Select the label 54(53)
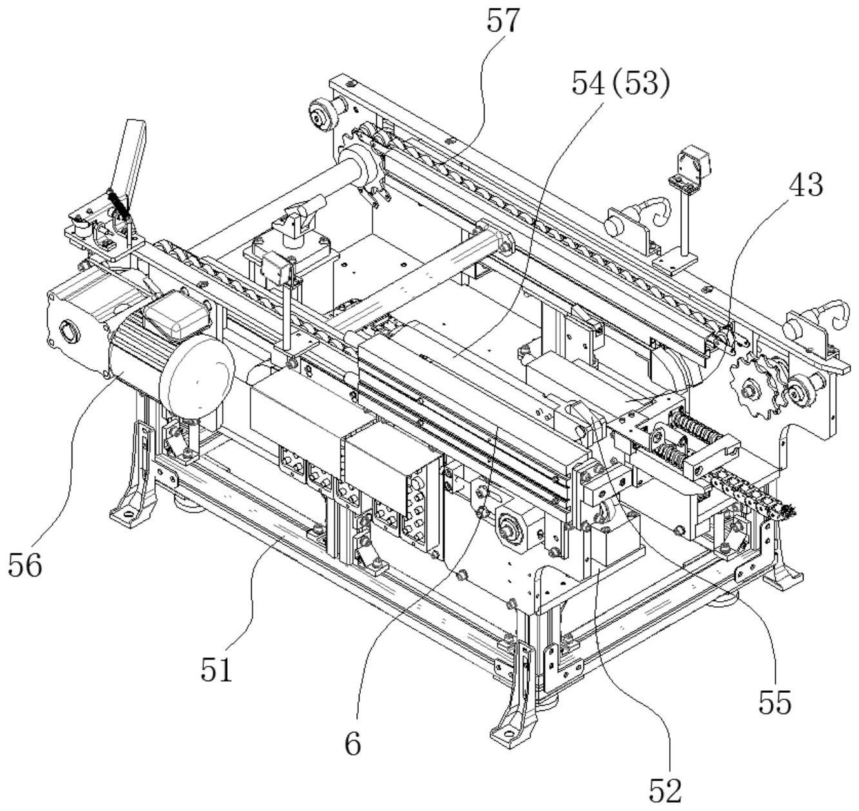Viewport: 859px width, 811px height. click(x=620, y=83)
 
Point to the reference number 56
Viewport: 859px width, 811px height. click(x=25, y=566)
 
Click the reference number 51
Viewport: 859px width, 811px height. click(x=216, y=670)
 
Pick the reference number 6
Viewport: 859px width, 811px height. click(x=352, y=744)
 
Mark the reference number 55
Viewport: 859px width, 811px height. click(x=774, y=703)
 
